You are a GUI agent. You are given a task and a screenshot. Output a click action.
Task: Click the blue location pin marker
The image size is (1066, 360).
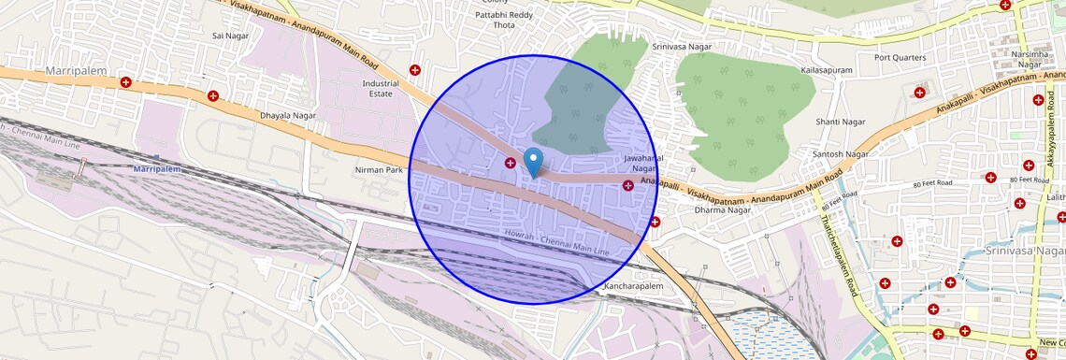coord(533,161)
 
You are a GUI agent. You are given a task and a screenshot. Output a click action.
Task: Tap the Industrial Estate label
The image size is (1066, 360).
coord(381,89)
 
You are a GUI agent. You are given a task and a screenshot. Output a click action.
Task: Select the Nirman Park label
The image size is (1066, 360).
coord(379,170)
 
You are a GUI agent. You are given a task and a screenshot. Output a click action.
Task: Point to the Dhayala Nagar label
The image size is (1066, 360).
coord(288,115)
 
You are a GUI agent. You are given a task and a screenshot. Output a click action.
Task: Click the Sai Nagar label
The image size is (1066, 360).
coord(229,36)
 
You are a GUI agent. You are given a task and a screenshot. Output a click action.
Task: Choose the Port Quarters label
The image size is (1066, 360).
coord(900,57)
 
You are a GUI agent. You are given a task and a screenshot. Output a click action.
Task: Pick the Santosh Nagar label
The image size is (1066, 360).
coord(841,153)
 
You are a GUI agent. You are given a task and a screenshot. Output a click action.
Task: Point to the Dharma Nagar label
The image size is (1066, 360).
coord(723,209)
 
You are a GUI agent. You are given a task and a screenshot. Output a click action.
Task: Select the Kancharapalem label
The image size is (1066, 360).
coord(634,283)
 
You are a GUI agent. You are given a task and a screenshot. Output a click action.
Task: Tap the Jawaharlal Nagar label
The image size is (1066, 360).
coord(643,164)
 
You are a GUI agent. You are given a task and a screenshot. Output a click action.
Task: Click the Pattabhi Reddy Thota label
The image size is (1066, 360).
coord(504,19)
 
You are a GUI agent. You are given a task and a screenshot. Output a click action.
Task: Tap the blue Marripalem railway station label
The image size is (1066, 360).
coord(155,169)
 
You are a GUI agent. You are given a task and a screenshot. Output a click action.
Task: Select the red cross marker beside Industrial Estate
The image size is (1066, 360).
coord(415,70)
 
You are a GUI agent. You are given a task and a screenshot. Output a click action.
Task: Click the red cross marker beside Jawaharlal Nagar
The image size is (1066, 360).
coord(627,186)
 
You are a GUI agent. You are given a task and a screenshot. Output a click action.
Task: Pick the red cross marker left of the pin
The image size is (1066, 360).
coord(511,164)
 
